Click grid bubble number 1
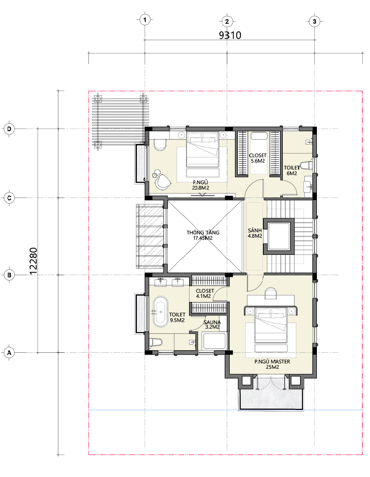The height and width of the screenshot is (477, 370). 145,20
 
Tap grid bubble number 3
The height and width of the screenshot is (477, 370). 315,21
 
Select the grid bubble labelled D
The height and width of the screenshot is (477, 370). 9,129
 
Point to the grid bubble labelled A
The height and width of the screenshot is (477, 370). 9,353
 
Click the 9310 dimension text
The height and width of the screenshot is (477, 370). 230,35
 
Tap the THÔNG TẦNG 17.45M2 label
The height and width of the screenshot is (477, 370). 203,235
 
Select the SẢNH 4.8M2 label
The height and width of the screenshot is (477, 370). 255,233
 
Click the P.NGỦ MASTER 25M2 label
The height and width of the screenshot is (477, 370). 272,364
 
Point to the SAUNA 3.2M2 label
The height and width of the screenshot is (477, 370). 212,325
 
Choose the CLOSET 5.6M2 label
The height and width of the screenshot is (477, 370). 258,158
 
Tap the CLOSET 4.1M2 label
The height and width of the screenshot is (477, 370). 205,293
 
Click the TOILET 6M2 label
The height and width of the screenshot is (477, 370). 292,170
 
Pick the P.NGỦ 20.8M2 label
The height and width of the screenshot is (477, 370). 200,185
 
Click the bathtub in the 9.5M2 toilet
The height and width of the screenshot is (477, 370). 160,312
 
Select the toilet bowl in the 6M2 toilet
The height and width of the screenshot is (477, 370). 307,166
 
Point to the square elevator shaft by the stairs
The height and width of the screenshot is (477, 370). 279,236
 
